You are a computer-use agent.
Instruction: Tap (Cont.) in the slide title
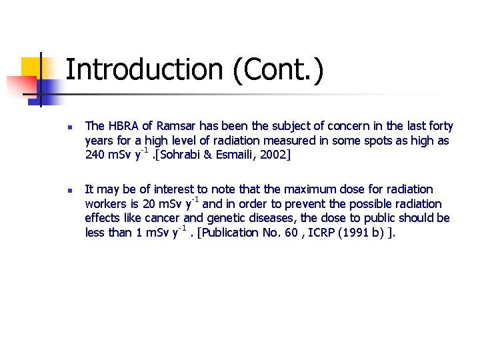(279, 71)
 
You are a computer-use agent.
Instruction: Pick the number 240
(95, 155)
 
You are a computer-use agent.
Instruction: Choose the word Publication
(233, 233)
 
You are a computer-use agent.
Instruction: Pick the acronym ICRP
(328, 233)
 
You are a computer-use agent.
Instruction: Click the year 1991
(361, 233)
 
